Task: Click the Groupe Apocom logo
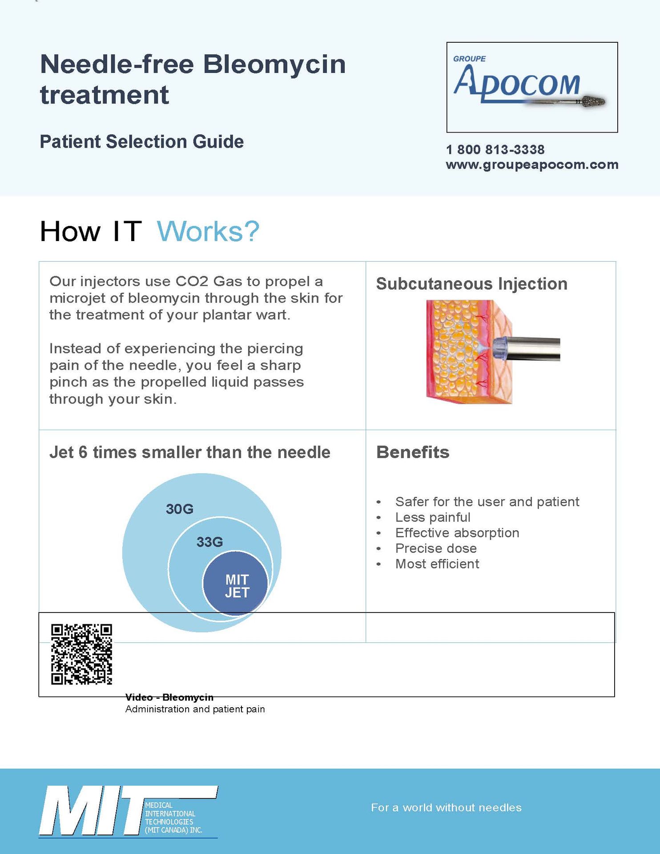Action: (x=531, y=87)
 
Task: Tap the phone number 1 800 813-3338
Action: (x=495, y=149)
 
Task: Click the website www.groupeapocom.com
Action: (x=532, y=165)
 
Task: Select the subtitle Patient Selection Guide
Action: (x=141, y=141)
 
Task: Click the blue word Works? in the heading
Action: (x=208, y=231)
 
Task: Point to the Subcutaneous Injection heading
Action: (x=471, y=284)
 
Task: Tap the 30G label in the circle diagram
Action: (x=179, y=509)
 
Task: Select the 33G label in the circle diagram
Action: (x=209, y=542)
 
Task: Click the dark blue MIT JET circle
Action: (x=236, y=584)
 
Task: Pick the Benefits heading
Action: (x=413, y=452)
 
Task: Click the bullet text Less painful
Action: (x=432, y=517)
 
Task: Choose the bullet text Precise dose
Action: (x=436, y=548)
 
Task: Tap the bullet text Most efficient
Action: (x=437, y=564)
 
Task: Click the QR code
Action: (x=81, y=654)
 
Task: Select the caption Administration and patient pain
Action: (x=195, y=709)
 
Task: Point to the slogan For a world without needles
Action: (x=446, y=807)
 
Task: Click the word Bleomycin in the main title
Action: (x=274, y=64)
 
